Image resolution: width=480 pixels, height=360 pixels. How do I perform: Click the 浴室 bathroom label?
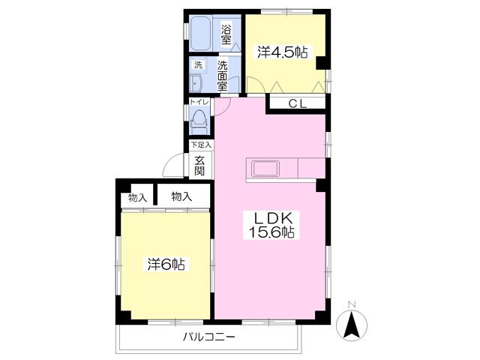click(226, 34)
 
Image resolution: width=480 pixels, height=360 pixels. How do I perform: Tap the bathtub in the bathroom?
click(200, 33)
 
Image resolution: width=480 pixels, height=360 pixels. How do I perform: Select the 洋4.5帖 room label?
click(282, 52)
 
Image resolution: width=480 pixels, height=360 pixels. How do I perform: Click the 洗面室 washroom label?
click(223, 76)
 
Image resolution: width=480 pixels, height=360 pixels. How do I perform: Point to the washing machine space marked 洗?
click(198, 65)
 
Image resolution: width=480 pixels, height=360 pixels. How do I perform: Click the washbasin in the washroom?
click(195, 83)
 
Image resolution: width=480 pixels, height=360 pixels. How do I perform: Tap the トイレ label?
click(199, 102)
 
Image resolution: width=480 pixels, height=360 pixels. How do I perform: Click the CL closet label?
click(298, 103)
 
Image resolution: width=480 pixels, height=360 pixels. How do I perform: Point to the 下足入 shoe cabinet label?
click(201, 145)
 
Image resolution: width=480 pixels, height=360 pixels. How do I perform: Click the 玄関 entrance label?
click(199, 166)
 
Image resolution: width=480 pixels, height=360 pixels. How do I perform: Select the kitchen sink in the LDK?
click(265, 169)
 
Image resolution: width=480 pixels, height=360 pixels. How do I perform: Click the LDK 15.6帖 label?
click(271, 225)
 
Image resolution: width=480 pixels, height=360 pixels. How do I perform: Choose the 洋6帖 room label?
click(166, 264)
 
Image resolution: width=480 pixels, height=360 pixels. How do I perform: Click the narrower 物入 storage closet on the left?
click(137, 196)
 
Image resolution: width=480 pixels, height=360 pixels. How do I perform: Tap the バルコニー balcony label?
click(209, 337)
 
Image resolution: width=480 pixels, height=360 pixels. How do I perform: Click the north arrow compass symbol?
click(352, 325)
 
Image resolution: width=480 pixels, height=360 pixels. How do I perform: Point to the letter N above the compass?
click(352, 304)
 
